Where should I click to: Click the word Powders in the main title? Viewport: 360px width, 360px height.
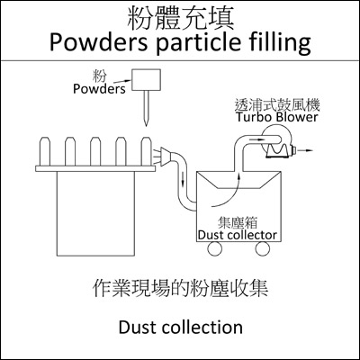(x=98, y=42)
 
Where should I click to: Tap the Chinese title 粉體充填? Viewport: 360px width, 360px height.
(x=181, y=18)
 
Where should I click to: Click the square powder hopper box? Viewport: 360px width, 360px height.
(x=147, y=80)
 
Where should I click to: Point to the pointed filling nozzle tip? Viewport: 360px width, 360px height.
(x=146, y=124)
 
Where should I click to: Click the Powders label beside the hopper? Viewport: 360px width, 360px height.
(x=99, y=89)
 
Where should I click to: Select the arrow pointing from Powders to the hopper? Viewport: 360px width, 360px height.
(x=123, y=81)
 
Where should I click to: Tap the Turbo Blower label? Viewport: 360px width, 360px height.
(x=276, y=117)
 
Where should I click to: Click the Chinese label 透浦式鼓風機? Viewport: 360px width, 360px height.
(x=277, y=105)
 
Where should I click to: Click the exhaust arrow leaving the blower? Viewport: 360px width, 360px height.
(x=305, y=150)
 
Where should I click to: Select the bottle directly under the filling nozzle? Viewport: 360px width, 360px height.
(x=146, y=151)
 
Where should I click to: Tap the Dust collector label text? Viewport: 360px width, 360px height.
(x=237, y=235)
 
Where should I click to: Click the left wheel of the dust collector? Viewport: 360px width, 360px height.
(x=215, y=248)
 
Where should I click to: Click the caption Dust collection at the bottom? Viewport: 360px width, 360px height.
(x=181, y=328)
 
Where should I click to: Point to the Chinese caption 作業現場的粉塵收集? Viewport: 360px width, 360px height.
(x=181, y=289)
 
